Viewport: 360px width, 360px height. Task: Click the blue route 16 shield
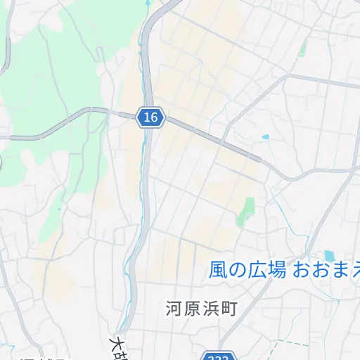[150, 117]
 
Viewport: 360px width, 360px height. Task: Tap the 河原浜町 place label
[202, 308]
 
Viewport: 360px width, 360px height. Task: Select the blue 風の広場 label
[247, 270]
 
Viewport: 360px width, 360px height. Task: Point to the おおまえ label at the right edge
[326, 269]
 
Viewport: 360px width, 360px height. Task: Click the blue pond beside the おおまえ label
[328, 255]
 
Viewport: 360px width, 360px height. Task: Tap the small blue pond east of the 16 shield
[265, 137]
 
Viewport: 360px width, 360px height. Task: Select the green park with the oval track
[247, 210]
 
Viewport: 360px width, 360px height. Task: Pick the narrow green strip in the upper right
[303, 48]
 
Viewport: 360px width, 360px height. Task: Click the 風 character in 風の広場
[218, 270]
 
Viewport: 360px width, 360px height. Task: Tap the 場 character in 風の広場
[276, 270]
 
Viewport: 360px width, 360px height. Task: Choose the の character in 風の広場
[237, 270]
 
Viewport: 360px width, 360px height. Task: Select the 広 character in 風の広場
[257, 270]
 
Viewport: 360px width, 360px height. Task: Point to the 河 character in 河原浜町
[174, 308]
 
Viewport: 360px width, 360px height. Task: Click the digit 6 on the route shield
[153, 117]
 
